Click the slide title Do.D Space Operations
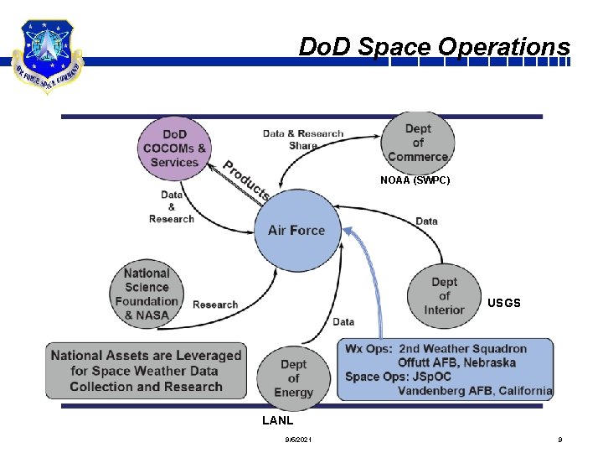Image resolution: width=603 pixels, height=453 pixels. click(434, 47)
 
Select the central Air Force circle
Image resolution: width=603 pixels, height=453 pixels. click(296, 230)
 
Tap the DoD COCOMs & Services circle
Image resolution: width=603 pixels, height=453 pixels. click(175, 148)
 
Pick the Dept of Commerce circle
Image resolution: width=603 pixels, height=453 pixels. click(418, 143)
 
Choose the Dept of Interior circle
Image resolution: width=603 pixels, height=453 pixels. click(444, 296)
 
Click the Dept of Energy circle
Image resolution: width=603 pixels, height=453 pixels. click(293, 378)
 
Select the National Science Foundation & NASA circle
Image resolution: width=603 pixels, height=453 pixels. click(147, 294)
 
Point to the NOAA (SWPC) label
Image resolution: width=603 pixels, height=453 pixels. click(415, 180)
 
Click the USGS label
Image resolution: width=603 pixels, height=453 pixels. click(504, 303)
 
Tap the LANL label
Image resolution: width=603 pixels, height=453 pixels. click(277, 420)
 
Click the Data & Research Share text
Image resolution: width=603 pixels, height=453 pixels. click(303, 139)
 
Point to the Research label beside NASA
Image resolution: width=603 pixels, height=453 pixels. click(215, 305)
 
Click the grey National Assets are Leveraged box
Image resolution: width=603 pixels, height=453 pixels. click(147, 371)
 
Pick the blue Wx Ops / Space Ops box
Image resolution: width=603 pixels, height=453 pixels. click(446, 369)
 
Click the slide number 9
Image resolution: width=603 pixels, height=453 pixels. click(559, 440)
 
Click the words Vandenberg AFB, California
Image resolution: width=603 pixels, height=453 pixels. click(474, 391)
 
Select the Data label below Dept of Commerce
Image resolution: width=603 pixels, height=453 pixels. click(426, 221)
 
